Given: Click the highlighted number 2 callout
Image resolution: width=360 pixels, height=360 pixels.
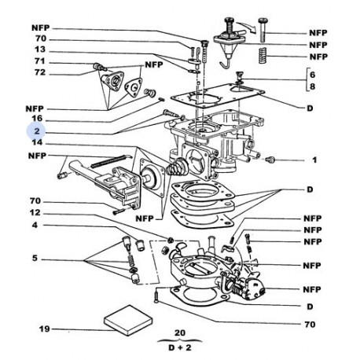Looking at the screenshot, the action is [x=37, y=130].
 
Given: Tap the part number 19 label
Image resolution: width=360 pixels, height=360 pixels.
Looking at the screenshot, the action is [x=44, y=329].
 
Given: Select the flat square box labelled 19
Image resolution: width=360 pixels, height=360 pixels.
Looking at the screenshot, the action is [x=128, y=320].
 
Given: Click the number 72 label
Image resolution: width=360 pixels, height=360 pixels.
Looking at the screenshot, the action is [x=40, y=72].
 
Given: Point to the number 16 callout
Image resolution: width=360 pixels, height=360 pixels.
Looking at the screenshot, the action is [x=37, y=119].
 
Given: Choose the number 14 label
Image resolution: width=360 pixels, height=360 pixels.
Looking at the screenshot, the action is [x=37, y=142].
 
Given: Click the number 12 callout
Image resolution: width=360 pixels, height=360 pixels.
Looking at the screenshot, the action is [x=35, y=212].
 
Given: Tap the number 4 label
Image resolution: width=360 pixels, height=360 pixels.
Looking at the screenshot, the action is [x=35, y=225].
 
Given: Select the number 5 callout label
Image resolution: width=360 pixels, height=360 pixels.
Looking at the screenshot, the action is [x=35, y=258].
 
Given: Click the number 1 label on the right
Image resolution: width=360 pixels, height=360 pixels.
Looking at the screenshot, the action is [x=314, y=160].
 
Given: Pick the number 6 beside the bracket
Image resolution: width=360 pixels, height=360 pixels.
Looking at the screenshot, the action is [x=312, y=75].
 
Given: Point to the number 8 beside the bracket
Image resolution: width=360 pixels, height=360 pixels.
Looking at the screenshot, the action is [x=312, y=86].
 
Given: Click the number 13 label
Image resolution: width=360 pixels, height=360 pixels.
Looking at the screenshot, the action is [x=40, y=50].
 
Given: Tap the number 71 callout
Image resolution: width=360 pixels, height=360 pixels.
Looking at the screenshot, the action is [x=40, y=61].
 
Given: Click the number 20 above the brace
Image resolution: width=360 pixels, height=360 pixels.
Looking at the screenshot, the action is [x=180, y=333].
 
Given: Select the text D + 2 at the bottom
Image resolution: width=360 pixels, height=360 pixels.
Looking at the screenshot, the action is [x=180, y=347].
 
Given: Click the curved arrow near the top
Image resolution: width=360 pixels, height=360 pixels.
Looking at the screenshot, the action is [x=248, y=27].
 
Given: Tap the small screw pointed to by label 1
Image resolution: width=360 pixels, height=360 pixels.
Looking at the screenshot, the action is [x=269, y=159].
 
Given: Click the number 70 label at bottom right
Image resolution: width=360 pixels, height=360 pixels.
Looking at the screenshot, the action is [x=310, y=325].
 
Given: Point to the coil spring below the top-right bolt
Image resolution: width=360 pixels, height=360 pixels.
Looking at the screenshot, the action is [x=263, y=55].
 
